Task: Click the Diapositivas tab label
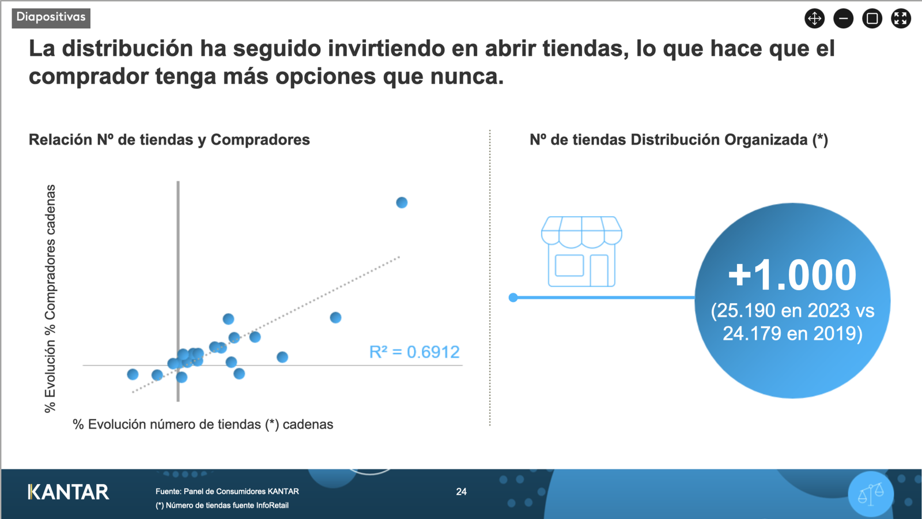(x=51, y=17)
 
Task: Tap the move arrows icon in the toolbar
(x=815, y=18)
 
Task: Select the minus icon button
(x=844, y=18)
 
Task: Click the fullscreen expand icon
(x=901, y=18)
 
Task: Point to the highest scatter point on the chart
(x=402, y=202)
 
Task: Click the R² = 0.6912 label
(x=414, y=352)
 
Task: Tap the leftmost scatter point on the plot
(x=133, y=374)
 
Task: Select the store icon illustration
(x=581, y=251)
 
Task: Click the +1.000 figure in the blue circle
(x=792, y=274)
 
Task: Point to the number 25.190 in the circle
(x=747, y=311)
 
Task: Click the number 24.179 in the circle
(x=752, y=333)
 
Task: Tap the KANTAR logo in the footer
(x=69, y=492)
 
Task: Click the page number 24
(x=462, y=491)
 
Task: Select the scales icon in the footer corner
(x=871, y=494)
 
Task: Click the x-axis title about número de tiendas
(x=203, y=424)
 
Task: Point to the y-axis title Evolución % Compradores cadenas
(x=50, y=299)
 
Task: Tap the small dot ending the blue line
(x=513, y=298)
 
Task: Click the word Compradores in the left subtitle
(x=260, y=140)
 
